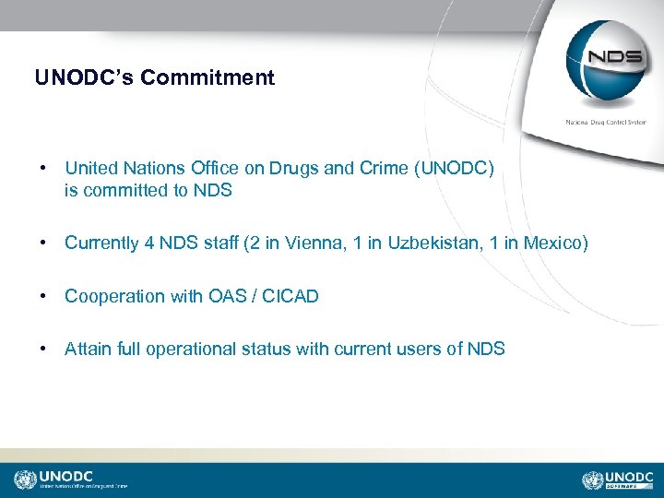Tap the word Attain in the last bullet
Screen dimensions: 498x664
[86, 349]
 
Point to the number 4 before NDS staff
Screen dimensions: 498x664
[149, 243]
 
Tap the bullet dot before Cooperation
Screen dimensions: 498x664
[43, 296]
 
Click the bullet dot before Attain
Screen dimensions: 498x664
[43, 349]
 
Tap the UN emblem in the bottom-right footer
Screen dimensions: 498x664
[592, 480]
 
